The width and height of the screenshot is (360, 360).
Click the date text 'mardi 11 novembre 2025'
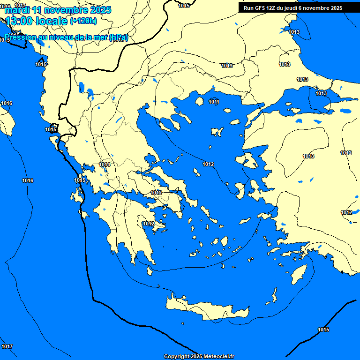[58, 10]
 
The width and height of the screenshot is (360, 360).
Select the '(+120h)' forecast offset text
[83, 21]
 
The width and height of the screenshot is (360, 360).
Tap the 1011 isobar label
[214, 102]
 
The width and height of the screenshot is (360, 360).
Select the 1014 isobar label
[105, 165]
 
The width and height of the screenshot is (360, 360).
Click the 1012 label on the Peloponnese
[149, 224]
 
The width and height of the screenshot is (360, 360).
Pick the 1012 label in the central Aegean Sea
[208, 164]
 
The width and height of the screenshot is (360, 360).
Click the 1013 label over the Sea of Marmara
[321, 94]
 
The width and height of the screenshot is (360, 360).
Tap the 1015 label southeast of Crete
[323, 330]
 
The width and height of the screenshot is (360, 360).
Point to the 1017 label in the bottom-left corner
[7, 346]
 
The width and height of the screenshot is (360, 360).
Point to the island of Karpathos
[273, 296]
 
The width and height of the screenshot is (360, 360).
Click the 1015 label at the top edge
[184, 6]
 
